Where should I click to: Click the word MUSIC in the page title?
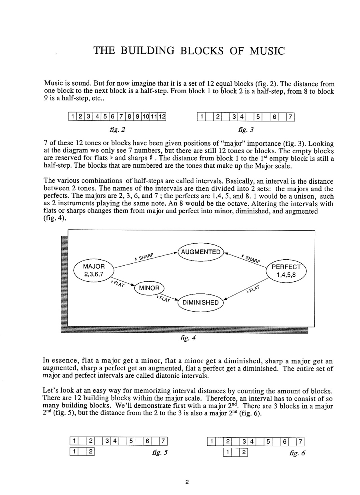[x=263, y=51]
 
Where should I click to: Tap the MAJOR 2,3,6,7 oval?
[x=94, y=270]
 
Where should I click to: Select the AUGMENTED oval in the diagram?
[x=200, y=252]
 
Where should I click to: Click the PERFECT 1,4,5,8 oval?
[x=286, y=271]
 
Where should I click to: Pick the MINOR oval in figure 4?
[x=149, y=288]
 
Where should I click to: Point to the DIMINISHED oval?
[x=200, y=303]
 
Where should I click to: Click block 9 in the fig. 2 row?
[x=137, y=117]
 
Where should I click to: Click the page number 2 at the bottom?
[x=186, y=482]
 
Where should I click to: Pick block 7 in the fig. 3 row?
[x=291, y=117]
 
